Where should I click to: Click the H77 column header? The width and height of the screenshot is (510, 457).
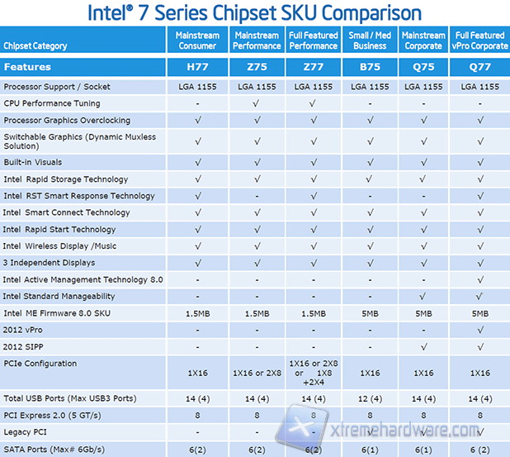198,67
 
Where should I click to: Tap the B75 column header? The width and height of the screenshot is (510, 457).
369,67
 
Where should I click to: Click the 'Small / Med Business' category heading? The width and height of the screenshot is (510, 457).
369,40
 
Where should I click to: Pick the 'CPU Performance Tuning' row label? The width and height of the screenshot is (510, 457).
51,103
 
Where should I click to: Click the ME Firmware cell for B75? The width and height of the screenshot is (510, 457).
369,313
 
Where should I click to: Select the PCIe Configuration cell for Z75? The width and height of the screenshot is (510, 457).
256,374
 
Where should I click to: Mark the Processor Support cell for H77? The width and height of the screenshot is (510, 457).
198,87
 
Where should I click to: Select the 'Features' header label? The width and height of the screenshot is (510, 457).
28,67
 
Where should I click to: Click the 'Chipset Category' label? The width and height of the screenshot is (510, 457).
35,45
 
